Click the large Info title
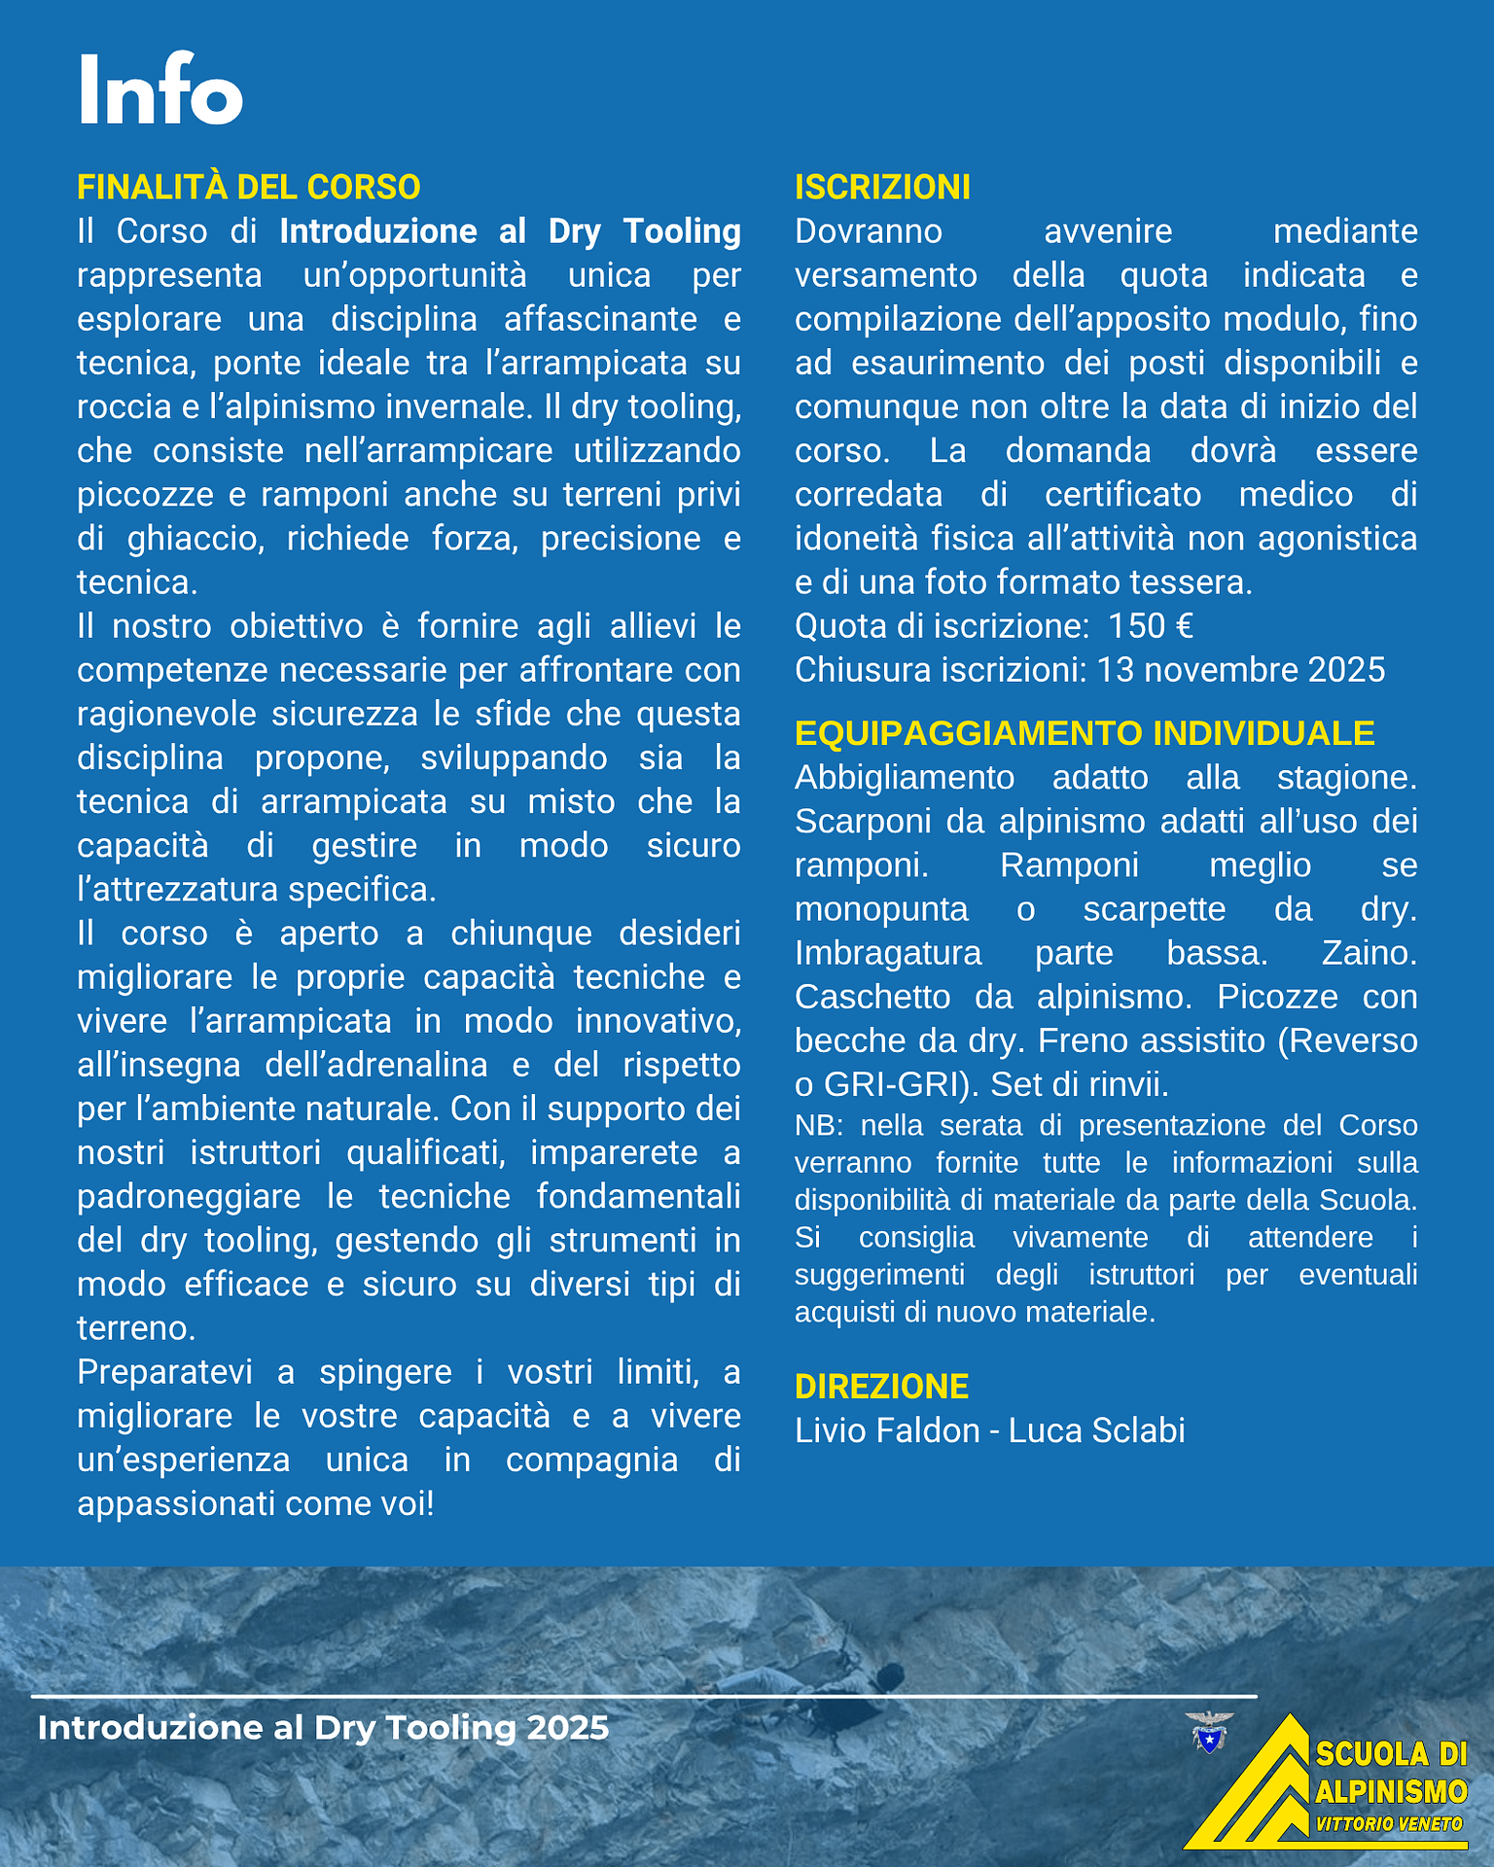coord(160,90)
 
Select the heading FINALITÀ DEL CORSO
coord(249,187)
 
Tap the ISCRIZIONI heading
coord(882,187)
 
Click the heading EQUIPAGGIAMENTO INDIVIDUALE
coord(1085,733)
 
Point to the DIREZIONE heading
coord(881,1387)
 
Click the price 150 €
coord(1151,626)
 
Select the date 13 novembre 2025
coord(1240,670)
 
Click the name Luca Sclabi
coord(1097,1430)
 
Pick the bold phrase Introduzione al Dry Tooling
coord(510,231)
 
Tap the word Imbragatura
coord(888,953)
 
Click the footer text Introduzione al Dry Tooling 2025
coord(323,1728)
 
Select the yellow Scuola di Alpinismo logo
coord(1328,1785)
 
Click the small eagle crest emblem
coord(1209,1732)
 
